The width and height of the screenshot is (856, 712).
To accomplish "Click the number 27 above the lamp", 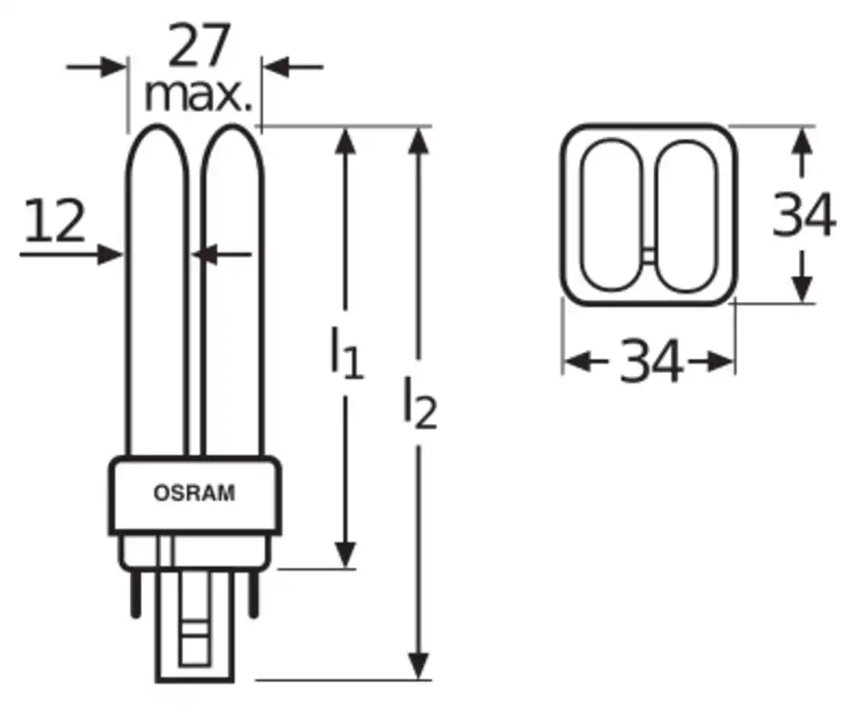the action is [199, 44].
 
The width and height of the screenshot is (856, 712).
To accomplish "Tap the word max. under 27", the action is [199, 96].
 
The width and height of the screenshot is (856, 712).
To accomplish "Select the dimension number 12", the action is [55, 220].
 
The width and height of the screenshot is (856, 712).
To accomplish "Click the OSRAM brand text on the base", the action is [194, 493].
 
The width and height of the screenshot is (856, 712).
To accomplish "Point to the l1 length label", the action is [347, 352].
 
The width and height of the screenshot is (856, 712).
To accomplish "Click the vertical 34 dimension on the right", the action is [804, 215].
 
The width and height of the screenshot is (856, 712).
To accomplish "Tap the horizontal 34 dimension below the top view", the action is [651, 360].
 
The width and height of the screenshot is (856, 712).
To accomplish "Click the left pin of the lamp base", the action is [136, 594].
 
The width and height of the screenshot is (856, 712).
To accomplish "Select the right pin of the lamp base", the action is [253, 594].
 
